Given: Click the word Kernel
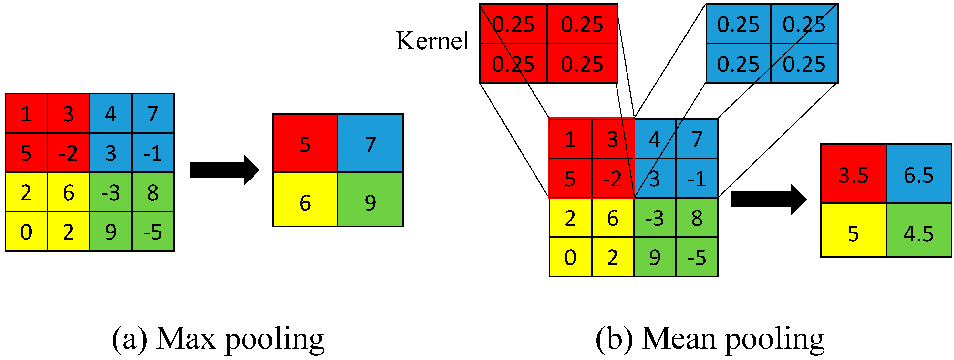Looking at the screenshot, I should pyautogui.click(x=432, y=41).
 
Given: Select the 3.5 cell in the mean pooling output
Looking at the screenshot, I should pyautogui.click(x=853, y=174).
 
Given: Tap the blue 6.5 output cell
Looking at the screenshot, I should pyautogui.click(x=918, y=174).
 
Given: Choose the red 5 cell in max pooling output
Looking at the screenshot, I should pyautogui.click(x=305, y=144).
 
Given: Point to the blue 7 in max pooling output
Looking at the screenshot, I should pyautogui.click(x=370, y=144).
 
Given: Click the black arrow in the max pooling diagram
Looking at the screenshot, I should pyautogui.click(x=224, y=170).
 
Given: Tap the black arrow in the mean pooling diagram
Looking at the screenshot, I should pyautogui.click(x=768, y=199).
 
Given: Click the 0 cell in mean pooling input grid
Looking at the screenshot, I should pyautogui.click(x=570, y=257).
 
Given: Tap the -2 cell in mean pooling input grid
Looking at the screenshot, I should pyautogui.click(x=613, y=179).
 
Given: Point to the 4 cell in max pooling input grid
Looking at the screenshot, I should pyautogui.click(x=111, y=113).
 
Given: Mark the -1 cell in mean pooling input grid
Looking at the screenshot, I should pyautogui.click(x=697, y=179).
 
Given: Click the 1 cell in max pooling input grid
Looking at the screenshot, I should pyautogui.click(x=26, y=113).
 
